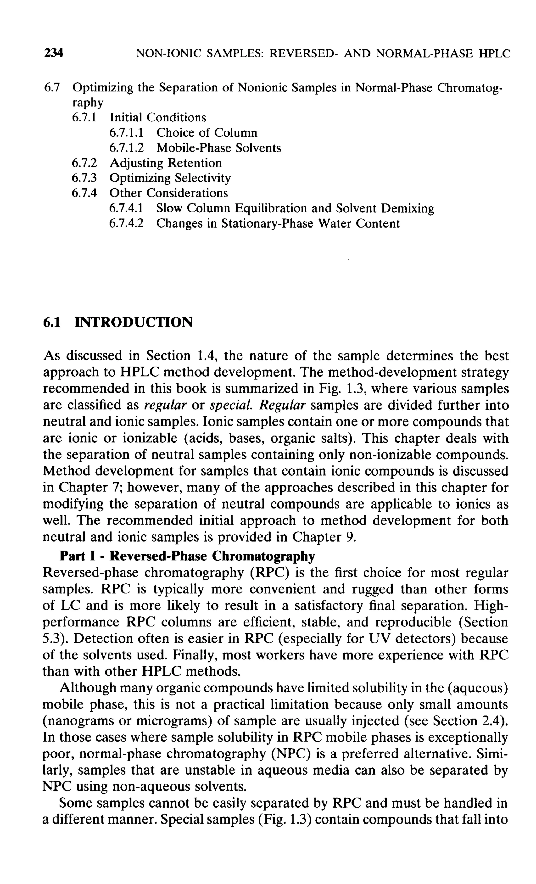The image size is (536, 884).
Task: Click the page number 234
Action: (x=53, y=53)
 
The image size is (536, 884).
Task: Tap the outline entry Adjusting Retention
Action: (x=166, y=163)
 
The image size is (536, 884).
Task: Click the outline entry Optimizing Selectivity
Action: (x=170, y=178)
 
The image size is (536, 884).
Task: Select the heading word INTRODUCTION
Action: (x=133, y=322)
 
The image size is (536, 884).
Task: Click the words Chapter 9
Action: (x=324, y=537)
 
